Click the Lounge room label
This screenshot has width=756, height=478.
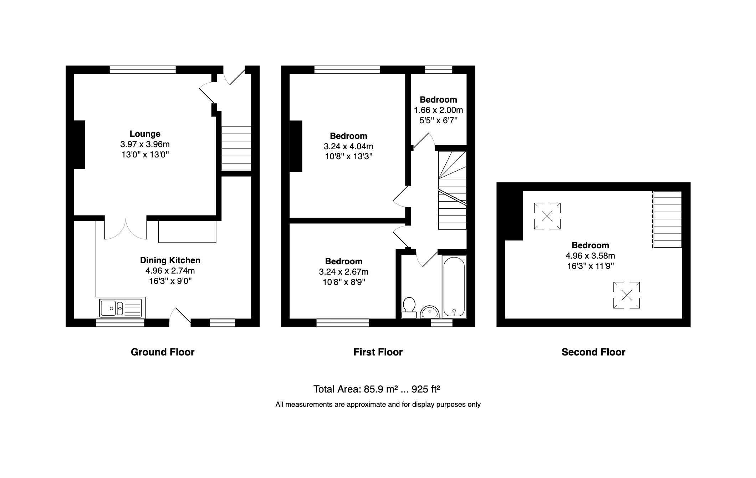pos(145,134)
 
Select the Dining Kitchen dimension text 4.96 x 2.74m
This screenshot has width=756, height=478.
pos(170,271)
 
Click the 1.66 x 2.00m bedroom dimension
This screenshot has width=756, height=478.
pos(438,110)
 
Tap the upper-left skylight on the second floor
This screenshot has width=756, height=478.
pos(547,216)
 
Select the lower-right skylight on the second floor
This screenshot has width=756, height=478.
pos(627,295)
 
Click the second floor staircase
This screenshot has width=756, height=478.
pos(667,219)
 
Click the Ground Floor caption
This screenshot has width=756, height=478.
pos(163,352)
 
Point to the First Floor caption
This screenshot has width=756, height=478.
pos(378,352)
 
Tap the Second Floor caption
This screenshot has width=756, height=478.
pos(593,352)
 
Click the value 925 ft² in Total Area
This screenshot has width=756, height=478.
pos(425,389)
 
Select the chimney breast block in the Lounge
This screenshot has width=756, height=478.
pos(79,144)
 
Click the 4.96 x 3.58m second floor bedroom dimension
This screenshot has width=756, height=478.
pos(590,256)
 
